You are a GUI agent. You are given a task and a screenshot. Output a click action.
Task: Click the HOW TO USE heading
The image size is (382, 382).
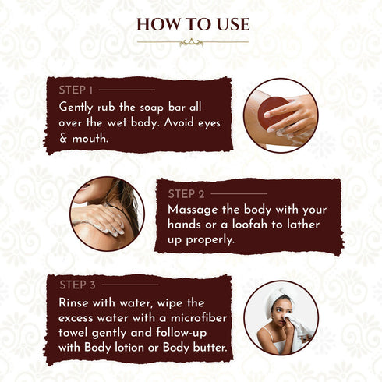191,23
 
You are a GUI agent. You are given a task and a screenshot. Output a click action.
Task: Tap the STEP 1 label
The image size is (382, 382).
76,90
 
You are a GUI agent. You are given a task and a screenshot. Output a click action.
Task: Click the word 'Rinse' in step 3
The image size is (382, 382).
76,302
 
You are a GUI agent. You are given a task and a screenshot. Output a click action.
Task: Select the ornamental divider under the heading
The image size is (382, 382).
191,42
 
